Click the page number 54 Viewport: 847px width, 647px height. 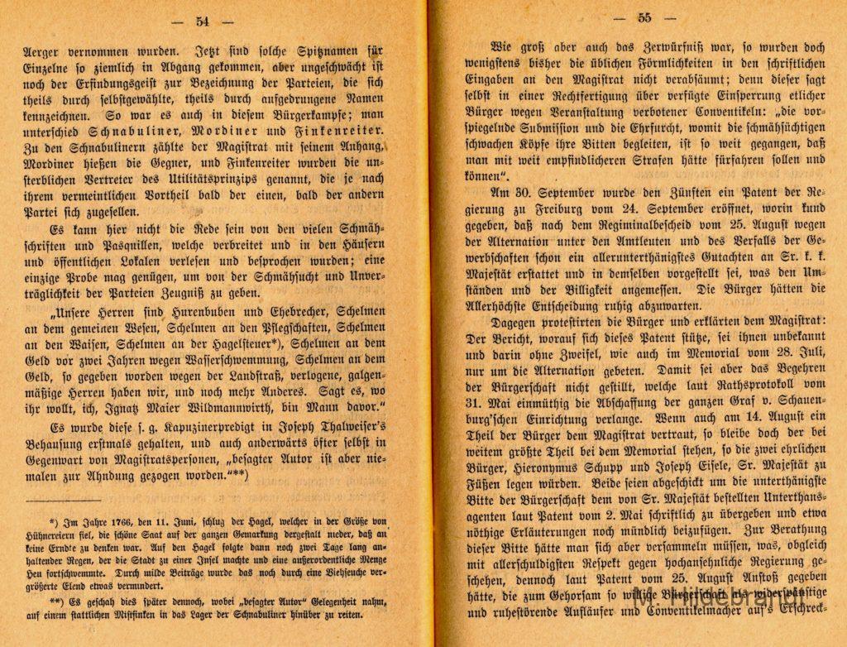click(x=203, y=21)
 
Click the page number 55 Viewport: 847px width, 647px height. click(x=644, y=17)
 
